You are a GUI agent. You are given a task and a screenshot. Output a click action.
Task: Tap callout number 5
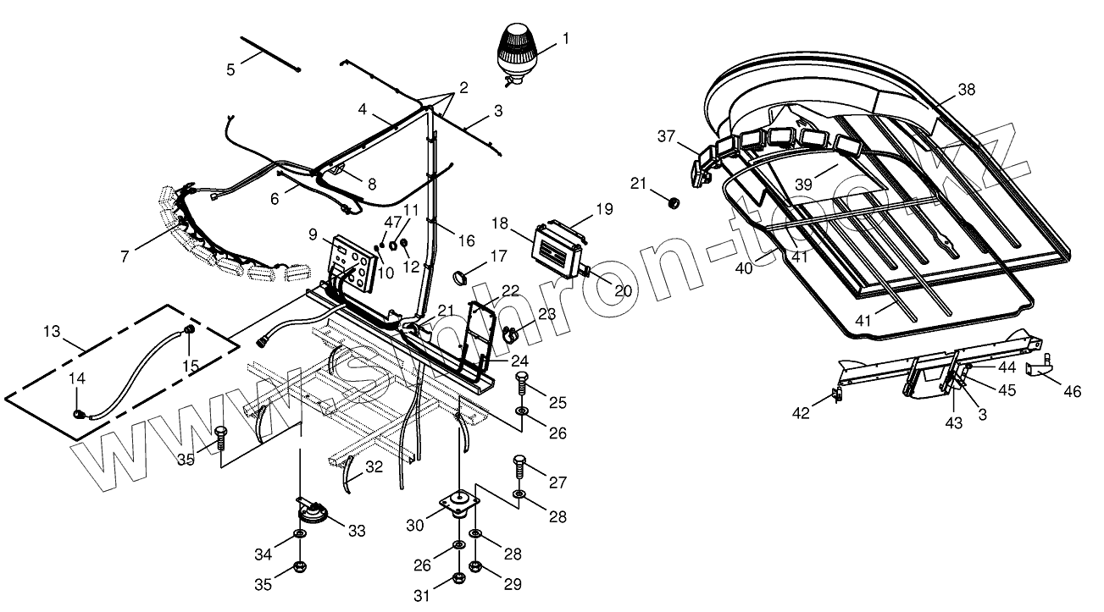(230, 69)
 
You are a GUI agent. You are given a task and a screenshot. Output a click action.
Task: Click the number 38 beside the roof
(967, 89)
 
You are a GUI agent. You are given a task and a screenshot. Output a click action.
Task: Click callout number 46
(1072, 391)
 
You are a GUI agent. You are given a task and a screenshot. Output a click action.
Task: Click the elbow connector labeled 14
(80, 415)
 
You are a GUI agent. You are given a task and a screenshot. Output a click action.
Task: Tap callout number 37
(667, 136)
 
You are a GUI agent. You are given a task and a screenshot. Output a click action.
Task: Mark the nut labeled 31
(458, 577)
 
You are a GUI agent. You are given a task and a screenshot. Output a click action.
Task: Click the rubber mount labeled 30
(459, 504)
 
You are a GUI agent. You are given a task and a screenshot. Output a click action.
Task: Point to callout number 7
(125, 256)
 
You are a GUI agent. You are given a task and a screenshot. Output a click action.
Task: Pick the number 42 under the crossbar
(801, 413)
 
